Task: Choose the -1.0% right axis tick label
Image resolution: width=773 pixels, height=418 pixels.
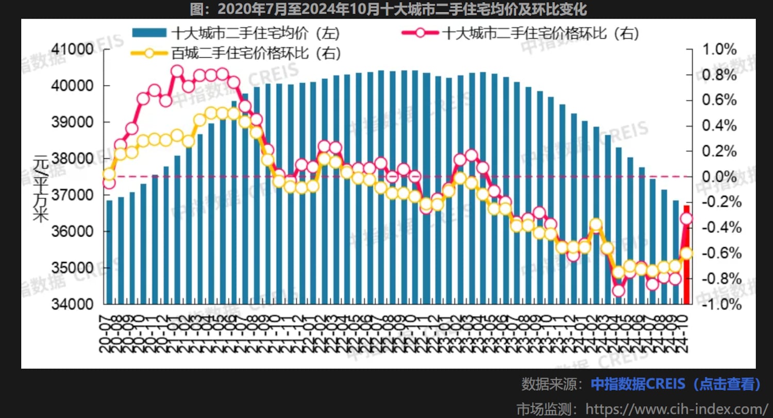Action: [x=717, y=304]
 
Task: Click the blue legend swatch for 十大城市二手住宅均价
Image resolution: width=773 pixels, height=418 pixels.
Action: [x=149, y=33]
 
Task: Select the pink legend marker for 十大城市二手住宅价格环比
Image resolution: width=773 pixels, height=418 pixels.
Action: [x=420, y=33]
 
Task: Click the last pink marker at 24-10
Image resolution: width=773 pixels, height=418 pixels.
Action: [x=686, y=219]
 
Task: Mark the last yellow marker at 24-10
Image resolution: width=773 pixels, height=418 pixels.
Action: [x=686, y=253]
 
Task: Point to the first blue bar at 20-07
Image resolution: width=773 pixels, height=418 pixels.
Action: [x=109, y=253]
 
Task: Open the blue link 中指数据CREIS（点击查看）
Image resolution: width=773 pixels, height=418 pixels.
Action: [x=676, y=384]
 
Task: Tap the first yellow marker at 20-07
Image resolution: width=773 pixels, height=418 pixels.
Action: [x=109, y=174]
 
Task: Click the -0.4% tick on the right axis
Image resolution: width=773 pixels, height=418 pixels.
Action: [x=717, y=228]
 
